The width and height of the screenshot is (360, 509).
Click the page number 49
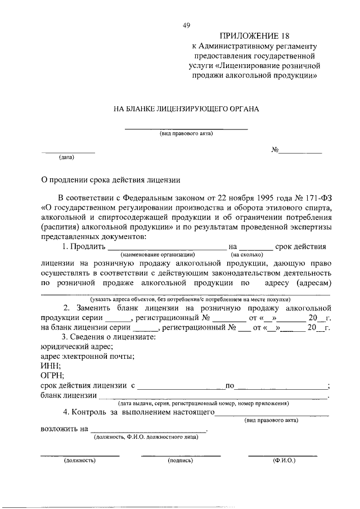(187, 25)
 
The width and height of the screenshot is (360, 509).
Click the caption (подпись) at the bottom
(180, 460)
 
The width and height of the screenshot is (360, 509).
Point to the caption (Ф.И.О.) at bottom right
(283, 460)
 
